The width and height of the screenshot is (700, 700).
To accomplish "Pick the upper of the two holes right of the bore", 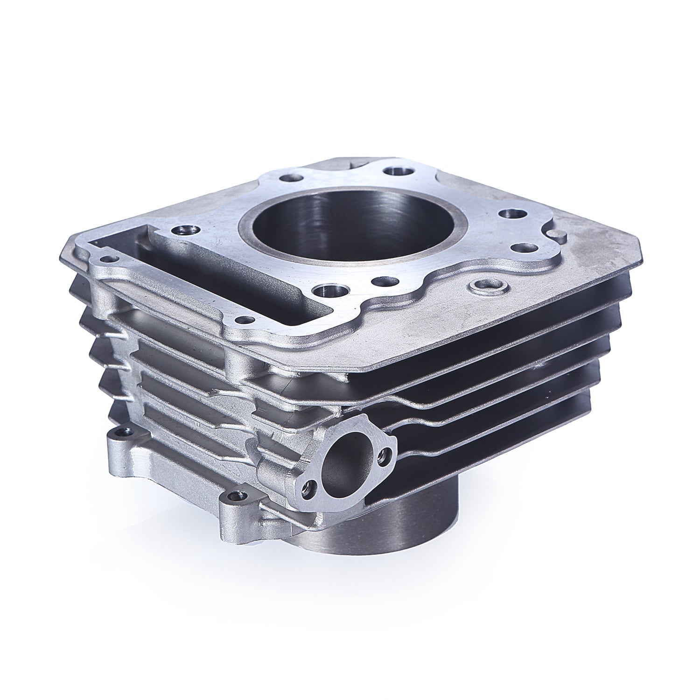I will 506,214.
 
